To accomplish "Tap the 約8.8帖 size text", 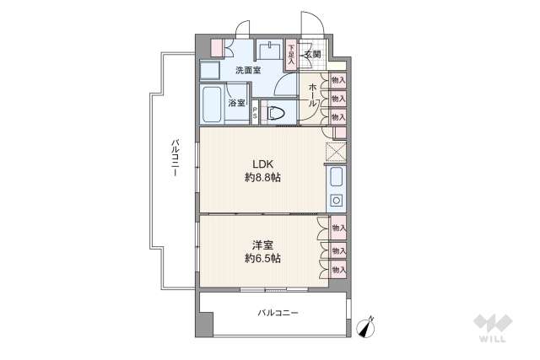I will click(x=263, y=178).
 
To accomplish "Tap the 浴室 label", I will click(x=237, y=104).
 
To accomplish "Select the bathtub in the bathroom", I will click(x=212, y=105).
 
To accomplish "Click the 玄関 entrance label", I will click(x=312, y=56).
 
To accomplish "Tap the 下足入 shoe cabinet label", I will click(x=291, y=54).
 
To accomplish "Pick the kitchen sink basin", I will click(x=336, y=179).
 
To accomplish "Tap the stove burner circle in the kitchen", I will click(x=336, y=201).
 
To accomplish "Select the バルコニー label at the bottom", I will click(x=278, y=314).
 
